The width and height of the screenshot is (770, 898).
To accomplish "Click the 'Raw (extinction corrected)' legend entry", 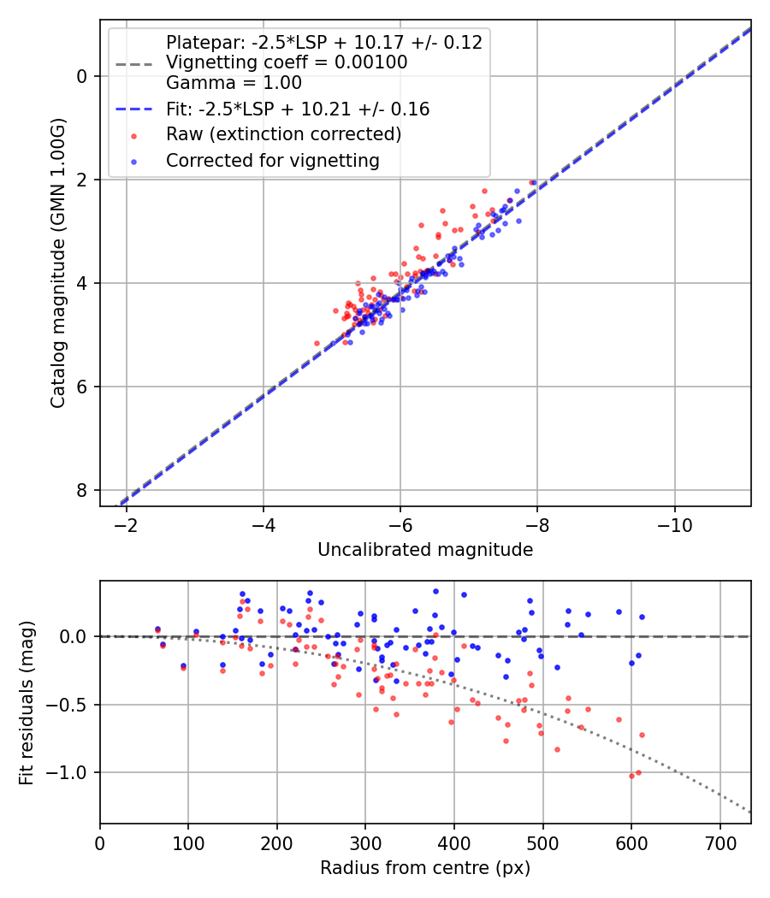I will click(x=283, y=134).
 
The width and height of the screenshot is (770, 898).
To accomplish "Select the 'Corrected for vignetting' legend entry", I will click(x=272, y=160).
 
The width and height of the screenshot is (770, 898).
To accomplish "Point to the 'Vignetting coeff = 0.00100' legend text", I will click(x=286, y=62).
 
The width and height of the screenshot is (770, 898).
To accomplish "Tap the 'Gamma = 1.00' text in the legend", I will click(x=234, y=83).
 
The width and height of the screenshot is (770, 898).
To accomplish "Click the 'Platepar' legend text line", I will click(x=323, y=43).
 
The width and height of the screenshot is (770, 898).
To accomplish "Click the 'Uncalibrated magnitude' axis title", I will click(x=425, y=550).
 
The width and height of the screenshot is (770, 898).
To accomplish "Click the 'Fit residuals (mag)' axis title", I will click(x=26, y=701).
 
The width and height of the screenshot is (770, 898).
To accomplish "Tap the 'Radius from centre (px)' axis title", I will click(x=425, y=868).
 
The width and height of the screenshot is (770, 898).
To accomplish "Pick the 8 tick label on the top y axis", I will click(x=83, y=490).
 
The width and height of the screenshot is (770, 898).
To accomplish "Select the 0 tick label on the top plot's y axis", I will click(x=83, y=76).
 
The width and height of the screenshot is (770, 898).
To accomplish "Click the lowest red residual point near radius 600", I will click(x=631, y=776).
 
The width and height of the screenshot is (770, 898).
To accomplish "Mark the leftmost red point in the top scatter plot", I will click(x=317, y=343).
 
